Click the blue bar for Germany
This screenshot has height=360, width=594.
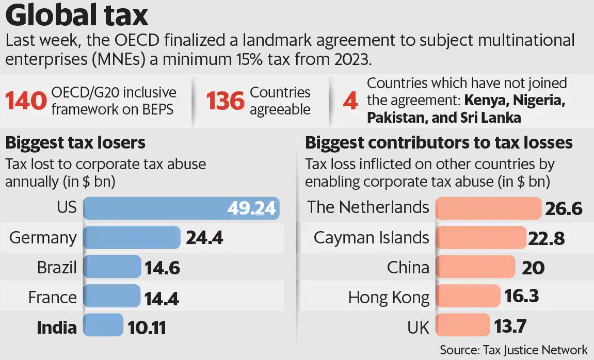132,238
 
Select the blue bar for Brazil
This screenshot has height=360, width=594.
112,267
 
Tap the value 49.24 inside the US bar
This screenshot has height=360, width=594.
252,208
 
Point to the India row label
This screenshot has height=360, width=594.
57,327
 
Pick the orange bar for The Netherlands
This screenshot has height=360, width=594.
488,208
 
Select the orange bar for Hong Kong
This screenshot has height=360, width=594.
468,297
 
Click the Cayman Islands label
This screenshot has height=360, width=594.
372,238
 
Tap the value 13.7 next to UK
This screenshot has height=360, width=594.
511,326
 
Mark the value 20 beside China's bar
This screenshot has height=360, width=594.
529,268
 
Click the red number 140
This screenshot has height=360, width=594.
26,101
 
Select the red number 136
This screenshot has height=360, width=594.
226,101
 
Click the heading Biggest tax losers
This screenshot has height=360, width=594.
75,142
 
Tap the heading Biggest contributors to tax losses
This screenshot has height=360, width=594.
439,142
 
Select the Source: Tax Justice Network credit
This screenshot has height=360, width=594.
513,350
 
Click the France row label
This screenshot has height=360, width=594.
52,297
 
